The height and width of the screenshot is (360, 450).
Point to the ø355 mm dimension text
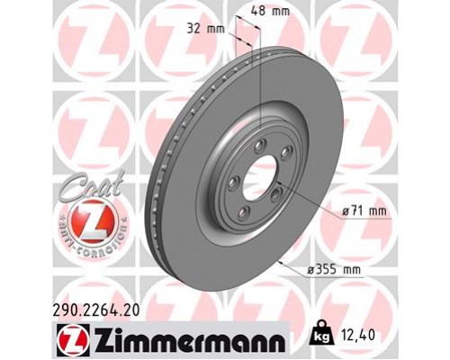pos(337,268)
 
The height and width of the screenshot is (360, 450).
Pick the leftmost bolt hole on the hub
pos(230,182)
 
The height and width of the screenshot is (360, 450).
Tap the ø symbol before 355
pos(311,268)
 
